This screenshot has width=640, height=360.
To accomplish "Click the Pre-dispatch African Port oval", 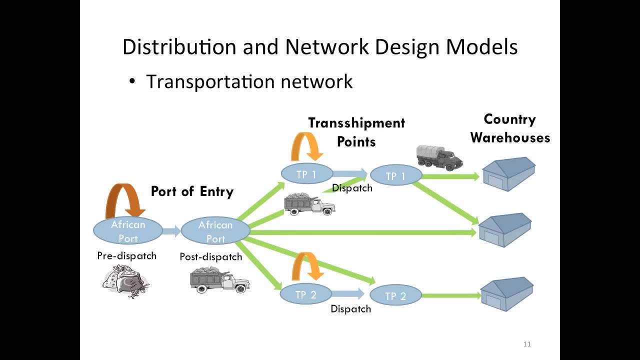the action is pyautogui.click(x=128, y=231).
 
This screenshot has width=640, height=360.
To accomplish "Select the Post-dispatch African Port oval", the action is pyautogui.click(x=215, y=231).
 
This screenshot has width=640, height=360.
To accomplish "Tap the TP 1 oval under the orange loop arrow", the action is pyautogui.click(x=307, y=173).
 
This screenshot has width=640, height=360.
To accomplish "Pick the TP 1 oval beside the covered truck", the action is pyautogui.click(x=396, y=175).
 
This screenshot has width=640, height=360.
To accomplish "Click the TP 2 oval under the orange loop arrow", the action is pyautogui.click(x=305, y=294).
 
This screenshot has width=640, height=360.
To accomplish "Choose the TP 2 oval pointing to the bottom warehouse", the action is pyautogui.click(x=395, y=295).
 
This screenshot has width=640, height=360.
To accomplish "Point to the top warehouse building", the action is pyautogui.click(x=509, y=174).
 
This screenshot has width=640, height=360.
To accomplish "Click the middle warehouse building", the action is pyautogui.click(x=505, y=230).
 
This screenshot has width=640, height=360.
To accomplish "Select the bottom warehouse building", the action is pyautogui.click(x=507, y=294).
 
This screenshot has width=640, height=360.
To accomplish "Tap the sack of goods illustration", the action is pyautogui.click(x=126, y=281).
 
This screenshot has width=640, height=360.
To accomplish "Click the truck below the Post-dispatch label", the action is pyautogui.click(x=220, y=280).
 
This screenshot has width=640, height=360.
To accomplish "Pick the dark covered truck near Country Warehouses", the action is pyautogui.click(x=439, y=157).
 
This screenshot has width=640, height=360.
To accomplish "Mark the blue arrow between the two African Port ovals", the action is pyautogui.click(x=171, y=231).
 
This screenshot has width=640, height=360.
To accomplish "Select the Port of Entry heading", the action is pyautogui.click(x=192, y=191).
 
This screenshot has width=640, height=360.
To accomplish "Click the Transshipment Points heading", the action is pyautogui.click(x=356, y=132).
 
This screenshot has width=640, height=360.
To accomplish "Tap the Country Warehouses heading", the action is pyautogui.click(x=510, y=128).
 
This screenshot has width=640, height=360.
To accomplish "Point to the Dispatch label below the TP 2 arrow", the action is pyautogui.click(x=351, y=309).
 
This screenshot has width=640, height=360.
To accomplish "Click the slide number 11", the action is pyautogui.click(x=527, y=344).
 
